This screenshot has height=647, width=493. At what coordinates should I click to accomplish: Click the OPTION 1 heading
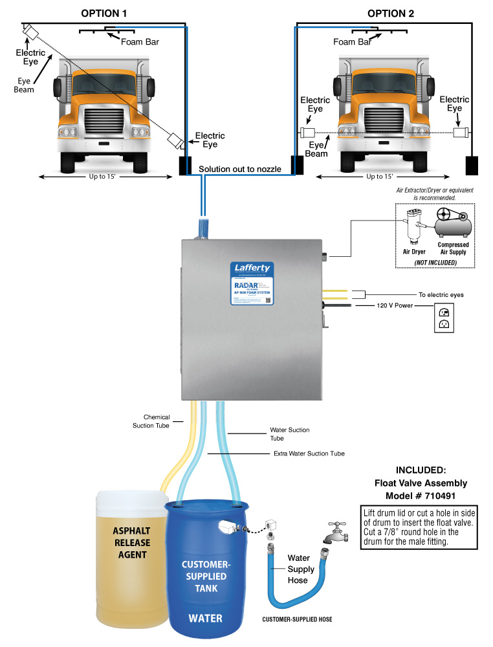tap(104, 13)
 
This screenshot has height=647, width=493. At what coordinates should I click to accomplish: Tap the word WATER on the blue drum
tap(205, 618)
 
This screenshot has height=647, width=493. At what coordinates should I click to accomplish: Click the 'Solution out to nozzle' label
tap(239, 169)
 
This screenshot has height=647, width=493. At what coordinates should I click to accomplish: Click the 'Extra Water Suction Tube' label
tap(309, 454)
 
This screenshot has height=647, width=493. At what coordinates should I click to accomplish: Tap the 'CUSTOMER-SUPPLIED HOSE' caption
tap(297, 619)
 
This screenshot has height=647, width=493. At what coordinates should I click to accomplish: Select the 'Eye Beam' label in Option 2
tap(316, 149)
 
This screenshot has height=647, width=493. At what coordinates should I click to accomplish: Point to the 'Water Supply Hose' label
tap(301, 569)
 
